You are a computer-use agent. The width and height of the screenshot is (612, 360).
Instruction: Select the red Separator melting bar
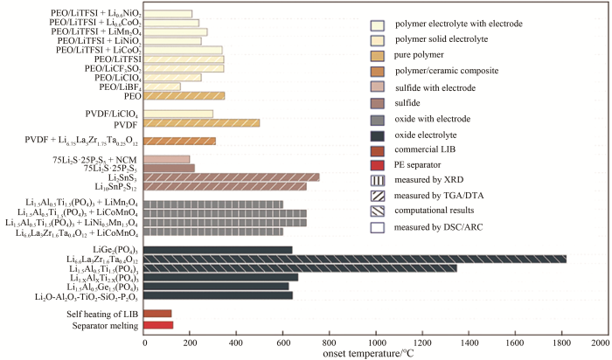158,325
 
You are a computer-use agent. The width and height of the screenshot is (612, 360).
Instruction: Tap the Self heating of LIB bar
157,313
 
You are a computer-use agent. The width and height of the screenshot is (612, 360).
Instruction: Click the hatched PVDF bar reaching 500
201,123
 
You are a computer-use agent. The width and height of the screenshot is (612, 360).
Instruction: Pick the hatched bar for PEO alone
184,95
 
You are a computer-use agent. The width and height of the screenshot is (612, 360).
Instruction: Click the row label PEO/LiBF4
115,87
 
